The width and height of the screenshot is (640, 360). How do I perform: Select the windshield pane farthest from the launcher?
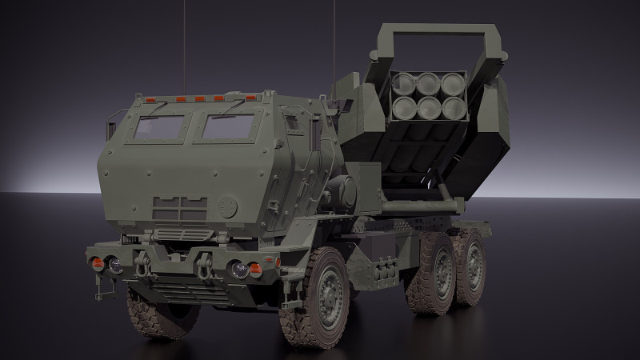coord(159,128)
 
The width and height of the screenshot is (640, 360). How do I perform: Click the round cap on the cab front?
coord(229,206)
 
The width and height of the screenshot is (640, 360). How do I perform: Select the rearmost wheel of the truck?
coord(470,266)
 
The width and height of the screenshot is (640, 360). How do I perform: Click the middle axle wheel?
coord(432,277)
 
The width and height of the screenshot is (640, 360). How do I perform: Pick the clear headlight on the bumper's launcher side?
coord(239,269)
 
